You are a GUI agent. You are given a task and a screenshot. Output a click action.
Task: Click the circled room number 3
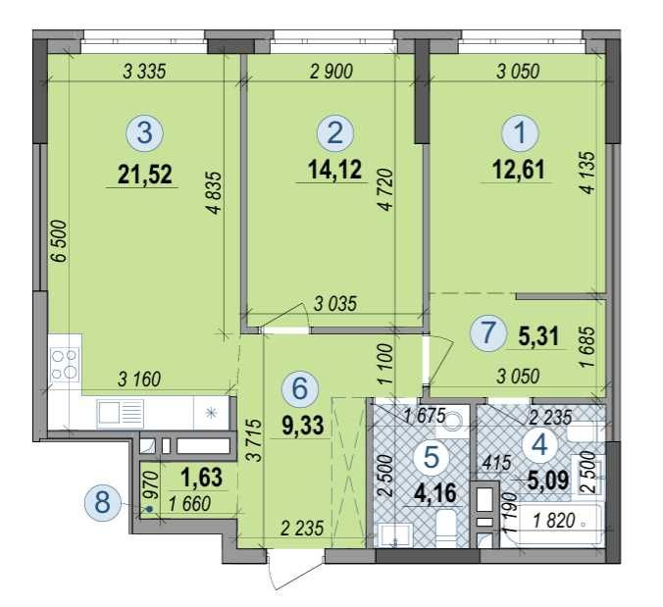pos(144,133)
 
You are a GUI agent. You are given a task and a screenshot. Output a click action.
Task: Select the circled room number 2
pos(335,133)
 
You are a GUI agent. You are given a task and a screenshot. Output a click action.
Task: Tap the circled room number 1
pos(520,132)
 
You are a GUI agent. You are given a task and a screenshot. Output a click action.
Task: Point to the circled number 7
pos(488,333)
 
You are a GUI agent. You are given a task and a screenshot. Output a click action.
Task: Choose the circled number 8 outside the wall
pos(103,503)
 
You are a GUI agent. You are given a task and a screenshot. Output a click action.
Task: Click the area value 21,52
pos(145,175)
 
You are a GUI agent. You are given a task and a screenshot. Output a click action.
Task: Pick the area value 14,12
pos(334,170)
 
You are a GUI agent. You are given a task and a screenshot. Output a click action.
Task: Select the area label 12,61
pos(519,170)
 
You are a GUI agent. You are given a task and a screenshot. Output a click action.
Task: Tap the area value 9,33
pos(303,426)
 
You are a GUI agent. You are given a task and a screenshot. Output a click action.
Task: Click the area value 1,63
pos(201,478)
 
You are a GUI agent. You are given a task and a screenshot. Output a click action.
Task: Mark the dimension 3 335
pos(144,72)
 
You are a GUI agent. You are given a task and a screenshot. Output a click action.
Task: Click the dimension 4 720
pos(386,189)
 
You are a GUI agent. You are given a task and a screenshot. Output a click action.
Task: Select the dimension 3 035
pos(335,304)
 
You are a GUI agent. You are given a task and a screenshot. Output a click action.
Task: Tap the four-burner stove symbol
pos(65,365)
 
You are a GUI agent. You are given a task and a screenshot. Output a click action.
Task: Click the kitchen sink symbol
pos(121,412)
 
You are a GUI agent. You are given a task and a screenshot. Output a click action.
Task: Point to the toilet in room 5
pos(445,528)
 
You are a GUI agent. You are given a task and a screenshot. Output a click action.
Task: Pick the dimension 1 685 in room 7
pos(587,346)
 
